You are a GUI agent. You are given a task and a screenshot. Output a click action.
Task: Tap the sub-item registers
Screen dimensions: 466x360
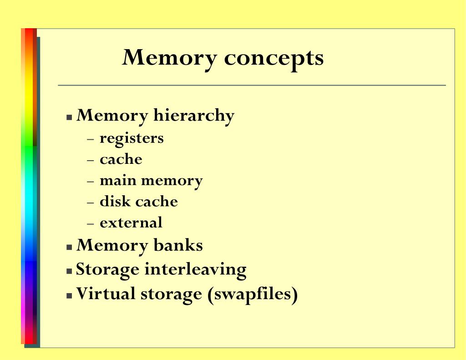point(132,138)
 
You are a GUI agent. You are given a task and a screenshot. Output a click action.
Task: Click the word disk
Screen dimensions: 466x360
point(112,201)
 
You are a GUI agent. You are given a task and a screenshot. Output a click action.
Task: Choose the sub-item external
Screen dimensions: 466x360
point(131,223)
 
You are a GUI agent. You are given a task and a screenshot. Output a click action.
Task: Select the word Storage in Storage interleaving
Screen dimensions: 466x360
point(107,269)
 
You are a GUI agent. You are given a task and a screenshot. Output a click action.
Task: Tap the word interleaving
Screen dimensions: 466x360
point(195,269)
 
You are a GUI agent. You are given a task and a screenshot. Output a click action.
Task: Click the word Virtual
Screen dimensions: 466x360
point(106,293)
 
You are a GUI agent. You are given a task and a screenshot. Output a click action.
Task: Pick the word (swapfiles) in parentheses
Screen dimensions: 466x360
point(253,294)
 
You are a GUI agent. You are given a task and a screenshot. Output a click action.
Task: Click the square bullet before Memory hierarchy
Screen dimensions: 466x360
point(69,117)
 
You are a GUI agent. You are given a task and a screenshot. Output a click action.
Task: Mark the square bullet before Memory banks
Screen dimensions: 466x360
point(69,247)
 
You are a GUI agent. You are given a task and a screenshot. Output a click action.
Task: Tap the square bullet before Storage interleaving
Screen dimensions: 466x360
point(69,271)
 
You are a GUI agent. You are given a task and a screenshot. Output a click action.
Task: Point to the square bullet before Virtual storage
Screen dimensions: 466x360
point(69,295)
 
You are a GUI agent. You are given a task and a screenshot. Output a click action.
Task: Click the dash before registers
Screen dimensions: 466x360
point(90,138)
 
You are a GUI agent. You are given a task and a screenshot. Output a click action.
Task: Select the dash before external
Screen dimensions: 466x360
point(90,223)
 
